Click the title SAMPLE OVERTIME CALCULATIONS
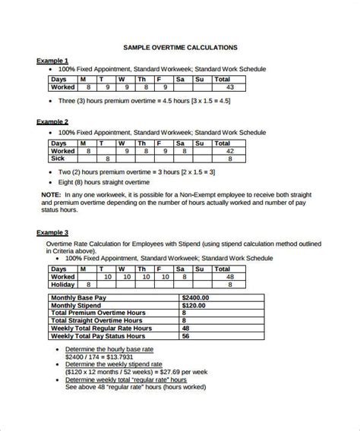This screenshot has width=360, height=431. [179, 47]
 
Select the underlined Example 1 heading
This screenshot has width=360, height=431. [52, 60]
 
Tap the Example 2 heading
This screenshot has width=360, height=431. [52, 121]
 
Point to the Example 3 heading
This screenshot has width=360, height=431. [52, 232]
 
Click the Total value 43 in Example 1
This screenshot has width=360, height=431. [229, 87]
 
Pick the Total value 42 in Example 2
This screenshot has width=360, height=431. [229, 151]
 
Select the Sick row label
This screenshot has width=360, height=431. [58, 159]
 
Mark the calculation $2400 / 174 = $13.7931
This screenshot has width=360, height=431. [99, 356]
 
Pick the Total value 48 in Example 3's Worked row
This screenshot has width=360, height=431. [229, 277]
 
